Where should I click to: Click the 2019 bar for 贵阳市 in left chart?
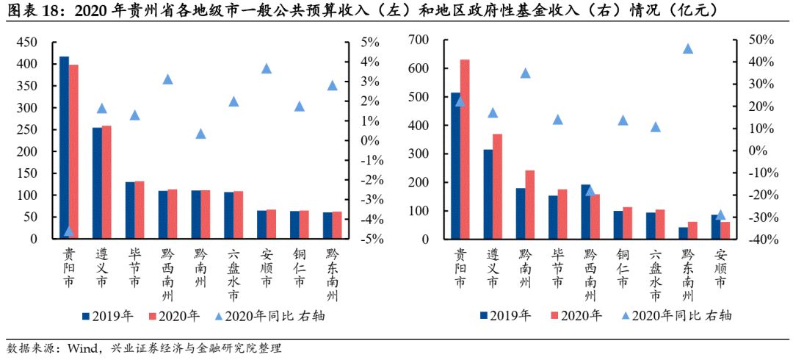(65, 147)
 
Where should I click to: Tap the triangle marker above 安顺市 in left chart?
(267, 68)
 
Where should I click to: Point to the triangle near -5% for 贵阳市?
(69, 231)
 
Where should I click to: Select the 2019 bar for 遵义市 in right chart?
(488, 194)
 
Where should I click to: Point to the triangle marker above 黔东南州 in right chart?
(688, 48)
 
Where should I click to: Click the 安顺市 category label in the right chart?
(721, 270)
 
